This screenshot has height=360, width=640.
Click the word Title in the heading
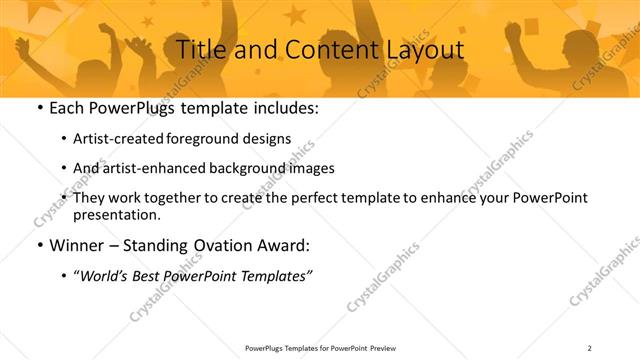[200, 48]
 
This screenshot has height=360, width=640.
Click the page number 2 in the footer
[590, 348]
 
